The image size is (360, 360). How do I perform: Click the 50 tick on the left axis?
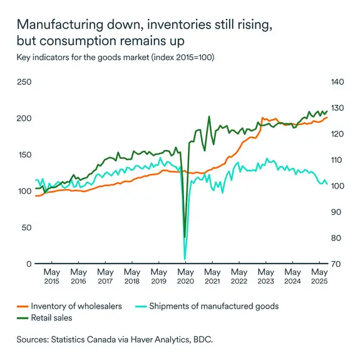pos(27,227)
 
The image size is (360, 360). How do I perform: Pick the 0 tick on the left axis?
pos(29,264)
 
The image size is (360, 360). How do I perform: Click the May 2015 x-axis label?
pos(52,277)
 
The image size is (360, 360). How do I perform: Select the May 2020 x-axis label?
pos(185,277)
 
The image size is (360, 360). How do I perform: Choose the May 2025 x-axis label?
pos(319,277)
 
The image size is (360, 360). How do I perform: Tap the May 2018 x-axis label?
pos(132,277)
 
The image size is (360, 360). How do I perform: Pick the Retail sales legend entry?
pos(51,318)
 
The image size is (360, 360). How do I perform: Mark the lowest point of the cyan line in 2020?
pos(185,259)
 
